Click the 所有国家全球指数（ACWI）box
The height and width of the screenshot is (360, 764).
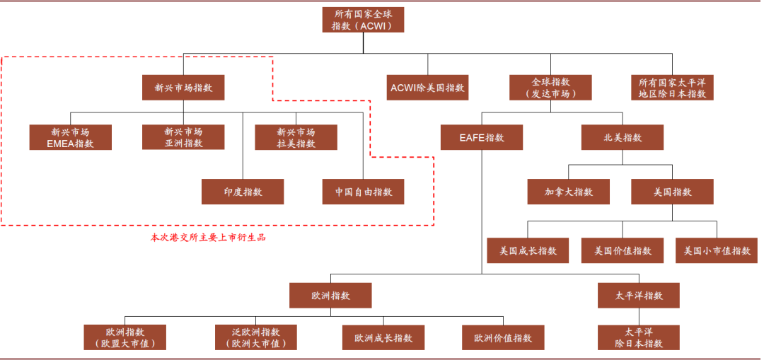[363, 20]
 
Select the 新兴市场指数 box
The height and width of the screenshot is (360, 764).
[183, 88]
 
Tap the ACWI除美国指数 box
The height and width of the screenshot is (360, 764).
[427, 88]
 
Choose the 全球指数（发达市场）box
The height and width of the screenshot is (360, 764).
[551, 88]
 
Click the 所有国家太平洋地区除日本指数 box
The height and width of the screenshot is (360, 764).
[672, 88]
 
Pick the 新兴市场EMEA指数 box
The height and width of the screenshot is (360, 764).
[70, 137]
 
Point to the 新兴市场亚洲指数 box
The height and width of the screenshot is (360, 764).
[183, 137]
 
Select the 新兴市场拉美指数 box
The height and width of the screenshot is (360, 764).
[296, 137]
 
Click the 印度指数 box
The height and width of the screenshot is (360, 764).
[243, 192]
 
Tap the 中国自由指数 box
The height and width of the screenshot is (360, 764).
[363, 192]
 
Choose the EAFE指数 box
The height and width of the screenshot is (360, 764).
[482, 137]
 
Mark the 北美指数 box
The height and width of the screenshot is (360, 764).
[623, 137]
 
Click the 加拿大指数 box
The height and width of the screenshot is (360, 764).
[568, 192]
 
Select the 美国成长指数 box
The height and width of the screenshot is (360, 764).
[528, 250]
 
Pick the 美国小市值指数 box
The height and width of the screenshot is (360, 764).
[717, 250]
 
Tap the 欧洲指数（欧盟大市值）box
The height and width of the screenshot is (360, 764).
[125, 337]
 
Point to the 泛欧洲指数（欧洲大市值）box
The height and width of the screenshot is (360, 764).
[255, 337]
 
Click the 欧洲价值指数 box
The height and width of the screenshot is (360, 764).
[503, 337]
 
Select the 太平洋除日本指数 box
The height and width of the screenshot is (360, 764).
[638, 337]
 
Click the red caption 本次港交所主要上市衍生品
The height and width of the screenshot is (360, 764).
[208, 238]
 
